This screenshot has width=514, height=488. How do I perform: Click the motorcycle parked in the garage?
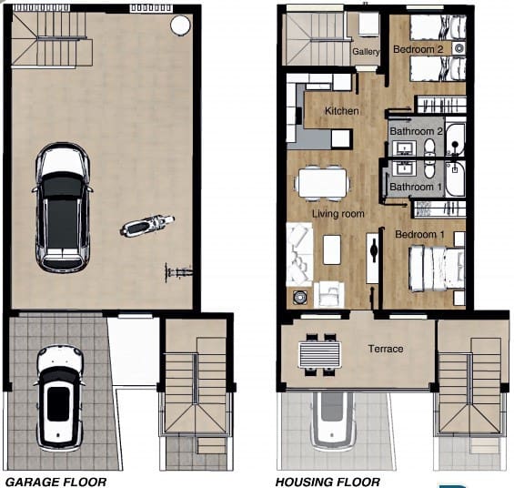point(147,224)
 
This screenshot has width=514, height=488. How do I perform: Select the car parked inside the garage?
point(62,208)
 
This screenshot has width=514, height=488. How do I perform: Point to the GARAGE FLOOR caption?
point(56,482)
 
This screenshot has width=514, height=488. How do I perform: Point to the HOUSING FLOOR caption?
point(328,482)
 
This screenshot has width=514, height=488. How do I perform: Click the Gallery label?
point(366,52)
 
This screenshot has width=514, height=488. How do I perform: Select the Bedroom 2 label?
point(418,48)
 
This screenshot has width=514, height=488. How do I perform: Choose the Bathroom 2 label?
point(416,131)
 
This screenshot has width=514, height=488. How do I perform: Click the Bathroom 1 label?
point(416,187)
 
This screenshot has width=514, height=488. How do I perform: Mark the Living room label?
point(338,214)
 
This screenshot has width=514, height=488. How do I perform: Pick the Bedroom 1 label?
point(419,235)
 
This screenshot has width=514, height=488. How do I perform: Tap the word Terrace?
point(385,349)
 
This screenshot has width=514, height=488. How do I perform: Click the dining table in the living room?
point(320,181)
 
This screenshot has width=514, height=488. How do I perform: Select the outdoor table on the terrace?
point(320,351)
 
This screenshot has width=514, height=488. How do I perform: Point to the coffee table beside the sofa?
point(332,249)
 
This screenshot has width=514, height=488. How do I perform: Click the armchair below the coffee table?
point(329,292)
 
